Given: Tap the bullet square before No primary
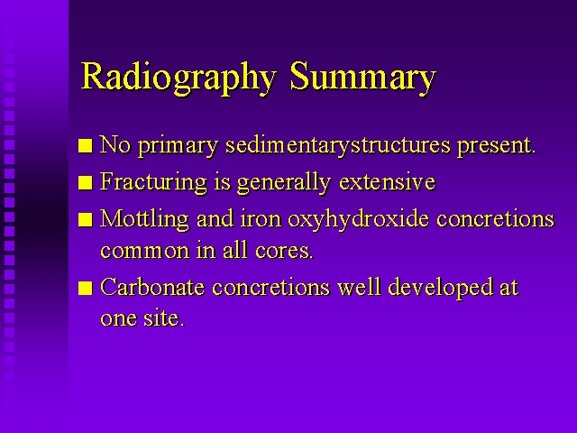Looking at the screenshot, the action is [x=85, y=145].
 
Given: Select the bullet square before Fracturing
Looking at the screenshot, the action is [x=85, y=182].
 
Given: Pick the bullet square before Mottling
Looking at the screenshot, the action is [x=85, y=220].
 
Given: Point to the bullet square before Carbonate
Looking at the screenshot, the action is [x=85, y=289].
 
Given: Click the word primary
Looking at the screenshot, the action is [x=179, y=146].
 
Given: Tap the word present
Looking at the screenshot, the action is [x=496, y=146].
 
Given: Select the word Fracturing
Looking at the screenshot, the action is [x=153, y=182].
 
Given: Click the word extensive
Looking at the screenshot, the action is [x=387, y=182].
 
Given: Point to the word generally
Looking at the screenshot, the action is [x=284, y=182].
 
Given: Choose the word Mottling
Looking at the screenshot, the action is [x=144, y=218].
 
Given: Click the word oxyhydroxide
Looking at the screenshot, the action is [x=358, y=219].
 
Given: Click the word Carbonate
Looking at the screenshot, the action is [x=152, y=287].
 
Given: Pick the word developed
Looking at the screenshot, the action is [x=440, y=288].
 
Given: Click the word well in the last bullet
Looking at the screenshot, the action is [x=359, y=287].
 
